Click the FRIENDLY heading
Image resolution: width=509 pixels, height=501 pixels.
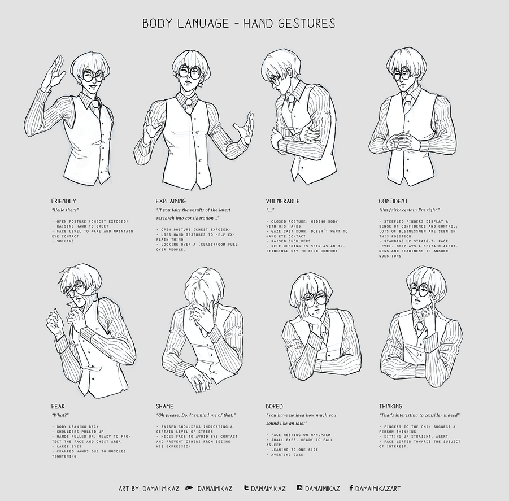pos(63,201)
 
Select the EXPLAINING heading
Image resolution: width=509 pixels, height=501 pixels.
pos(171,201)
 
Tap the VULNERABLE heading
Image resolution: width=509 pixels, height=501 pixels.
pos(282,201)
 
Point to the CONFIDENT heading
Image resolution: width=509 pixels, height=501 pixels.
pos(393,201)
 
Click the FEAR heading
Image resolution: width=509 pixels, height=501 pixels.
pos(58,406)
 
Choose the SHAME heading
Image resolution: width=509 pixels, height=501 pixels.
pos(164,406)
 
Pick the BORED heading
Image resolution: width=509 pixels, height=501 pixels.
pos(275,406)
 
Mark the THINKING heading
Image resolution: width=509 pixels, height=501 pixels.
pos(390,406)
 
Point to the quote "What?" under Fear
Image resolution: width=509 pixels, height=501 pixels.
pos(59,415)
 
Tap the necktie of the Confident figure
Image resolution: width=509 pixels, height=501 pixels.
pos(407,104)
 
